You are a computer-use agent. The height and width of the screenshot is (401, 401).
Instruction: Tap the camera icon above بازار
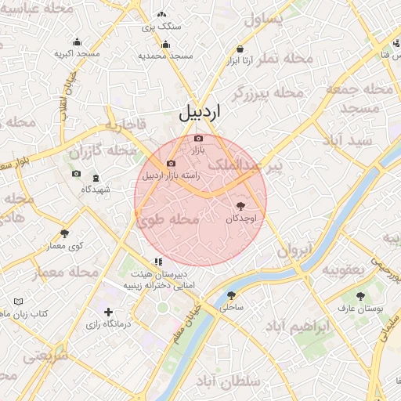tap(198, 139)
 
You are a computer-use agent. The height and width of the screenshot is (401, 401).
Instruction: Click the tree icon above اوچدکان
tap(240, 206)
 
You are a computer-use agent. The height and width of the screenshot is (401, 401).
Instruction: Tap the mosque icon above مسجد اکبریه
tap(77, 42)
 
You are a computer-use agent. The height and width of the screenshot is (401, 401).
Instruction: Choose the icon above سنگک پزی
tap(161, 14)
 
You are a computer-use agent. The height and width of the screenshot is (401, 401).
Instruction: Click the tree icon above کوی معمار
tap(64, 233)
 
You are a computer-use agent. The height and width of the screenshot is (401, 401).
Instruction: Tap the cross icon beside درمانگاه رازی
tap(108, 312)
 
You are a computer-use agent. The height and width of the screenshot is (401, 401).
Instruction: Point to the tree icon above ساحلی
tap(231, 295)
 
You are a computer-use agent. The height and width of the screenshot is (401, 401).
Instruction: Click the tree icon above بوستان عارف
tap(359, 296)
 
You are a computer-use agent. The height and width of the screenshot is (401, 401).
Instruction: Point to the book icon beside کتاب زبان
tap(18, 301)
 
